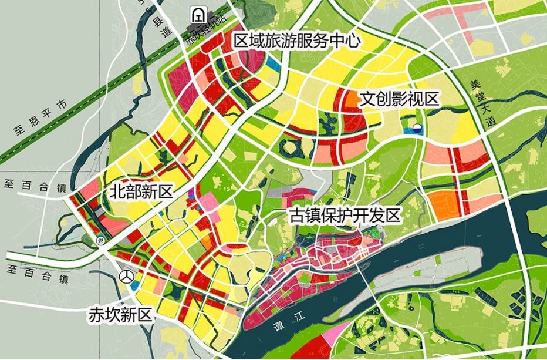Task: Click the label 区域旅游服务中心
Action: coord(296,41)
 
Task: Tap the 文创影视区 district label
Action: coord(400,98)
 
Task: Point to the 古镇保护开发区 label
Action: coord(345,216)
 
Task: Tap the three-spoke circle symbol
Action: coord(126,274)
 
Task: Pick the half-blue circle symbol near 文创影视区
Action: coord(417,129)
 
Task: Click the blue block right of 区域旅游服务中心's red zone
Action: coord(272,60)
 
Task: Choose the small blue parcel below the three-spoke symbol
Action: coord(134,285)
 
